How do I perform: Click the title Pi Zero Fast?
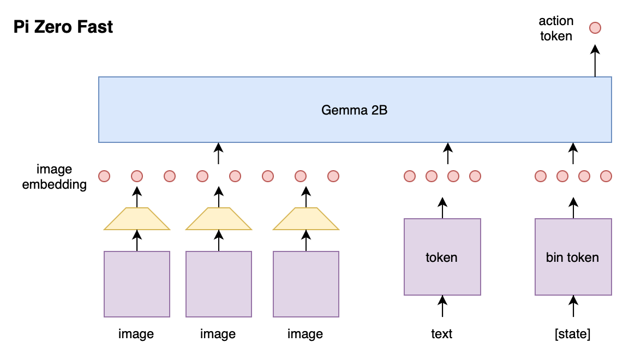point(63,27)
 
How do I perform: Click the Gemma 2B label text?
point(354,110)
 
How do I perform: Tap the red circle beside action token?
point(595,28)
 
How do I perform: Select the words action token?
point(556,28)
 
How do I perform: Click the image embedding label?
point(54,177)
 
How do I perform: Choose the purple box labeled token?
point(442,257)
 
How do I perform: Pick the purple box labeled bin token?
point(573,257)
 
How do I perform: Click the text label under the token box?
point(442,334)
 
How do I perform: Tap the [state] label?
point(573,334)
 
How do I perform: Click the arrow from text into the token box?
point(442,306)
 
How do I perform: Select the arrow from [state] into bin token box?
point(573,306)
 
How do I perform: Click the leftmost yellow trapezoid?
point(137,219)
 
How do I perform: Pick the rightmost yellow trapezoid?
point(305,219)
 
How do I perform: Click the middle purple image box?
point(219,284)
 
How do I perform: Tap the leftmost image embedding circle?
point(104,176)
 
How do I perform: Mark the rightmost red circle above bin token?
point(606,176)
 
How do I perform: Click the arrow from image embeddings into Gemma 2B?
point(219,153)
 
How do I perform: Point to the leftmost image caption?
point(136,334)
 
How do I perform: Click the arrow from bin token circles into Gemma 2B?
point(573,153)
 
